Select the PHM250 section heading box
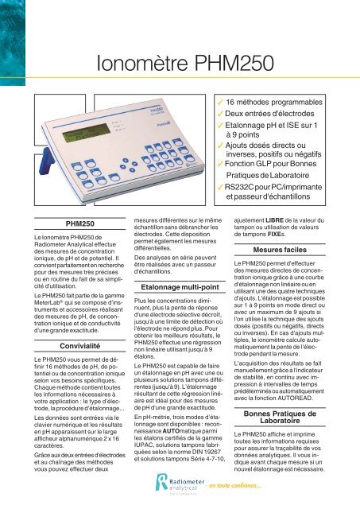[64, 225]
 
